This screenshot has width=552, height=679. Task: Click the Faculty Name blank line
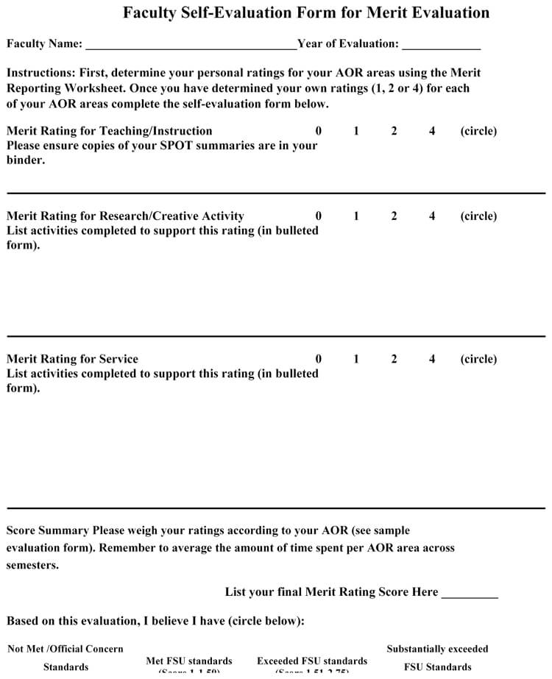(x=191, y=46)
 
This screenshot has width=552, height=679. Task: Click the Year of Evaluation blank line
(x=441, y=46)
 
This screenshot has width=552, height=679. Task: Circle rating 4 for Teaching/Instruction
(x=432, y=131)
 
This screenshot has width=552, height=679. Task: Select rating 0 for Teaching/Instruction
(x=319, y=131)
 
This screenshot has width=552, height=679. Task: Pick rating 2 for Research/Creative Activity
(x=394, y=216)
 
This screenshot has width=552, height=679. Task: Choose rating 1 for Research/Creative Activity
(x=356, y=216)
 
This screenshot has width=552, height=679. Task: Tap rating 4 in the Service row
(x=432, y=359)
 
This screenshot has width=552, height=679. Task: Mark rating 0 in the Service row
(x=319, y=359)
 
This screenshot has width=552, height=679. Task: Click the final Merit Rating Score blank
(x=470, y=594)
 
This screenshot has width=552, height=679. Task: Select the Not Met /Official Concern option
(x=66, y=650)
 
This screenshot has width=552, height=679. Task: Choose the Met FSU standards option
(x=189, y=661)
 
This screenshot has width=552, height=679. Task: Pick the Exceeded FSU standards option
(x=312, y=661)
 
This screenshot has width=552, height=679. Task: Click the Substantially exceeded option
(x=437, y=650)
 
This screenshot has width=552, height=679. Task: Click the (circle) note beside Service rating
(x=478, y=359)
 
